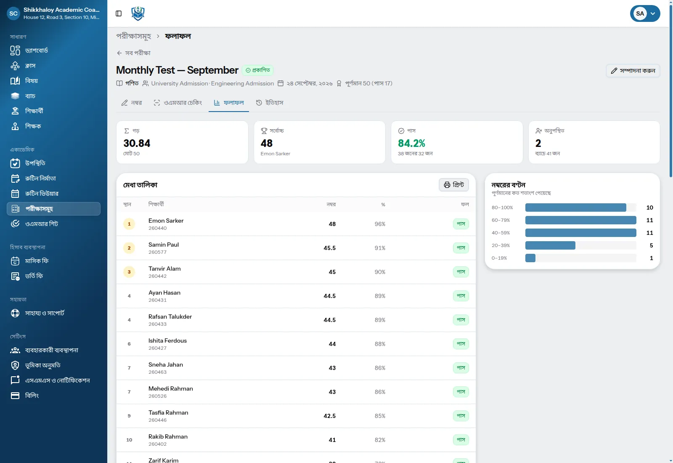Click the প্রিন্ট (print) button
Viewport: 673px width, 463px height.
pos(454,185)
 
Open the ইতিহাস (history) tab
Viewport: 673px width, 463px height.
pos(270,103)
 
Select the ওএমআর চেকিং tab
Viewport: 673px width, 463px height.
pos(178,103)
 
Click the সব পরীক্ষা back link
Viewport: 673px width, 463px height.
pos(133,53)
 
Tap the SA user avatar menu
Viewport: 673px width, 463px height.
pos(645,13)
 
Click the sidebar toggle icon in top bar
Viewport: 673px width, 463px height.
pos(119,13)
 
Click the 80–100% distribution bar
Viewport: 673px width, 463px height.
pos(576,208)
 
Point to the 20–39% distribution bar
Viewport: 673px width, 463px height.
pos(550,245)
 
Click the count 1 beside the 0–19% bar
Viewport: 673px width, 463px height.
pos(651,258)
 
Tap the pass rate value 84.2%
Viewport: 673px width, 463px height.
pos(411,144)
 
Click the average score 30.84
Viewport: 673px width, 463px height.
pos(137,144)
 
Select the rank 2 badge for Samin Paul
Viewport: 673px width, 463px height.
pos(129,248)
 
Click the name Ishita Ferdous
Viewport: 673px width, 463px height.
pos(167,341)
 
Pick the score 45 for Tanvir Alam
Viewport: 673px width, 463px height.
pos(332,272)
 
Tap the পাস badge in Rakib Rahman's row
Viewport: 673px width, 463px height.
pos(461,440)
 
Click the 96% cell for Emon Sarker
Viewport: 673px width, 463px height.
pos(380,224)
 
